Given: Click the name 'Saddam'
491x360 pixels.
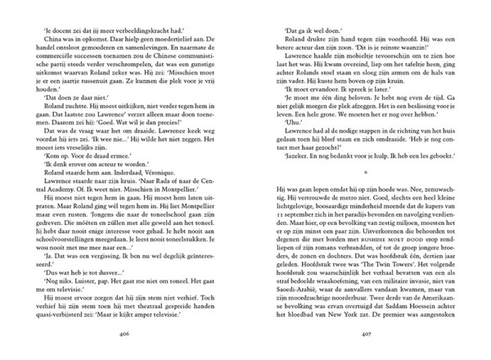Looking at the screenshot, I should [381, 325].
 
